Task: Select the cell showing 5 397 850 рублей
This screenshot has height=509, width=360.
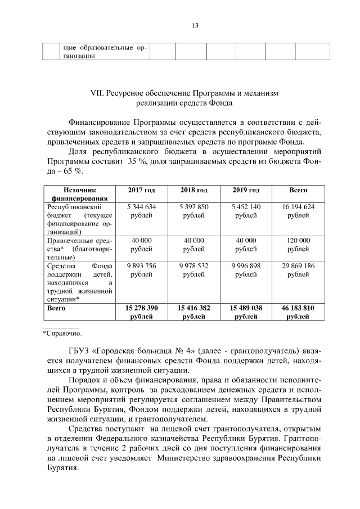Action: [194, 211]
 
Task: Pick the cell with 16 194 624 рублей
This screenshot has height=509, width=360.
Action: [298, 211]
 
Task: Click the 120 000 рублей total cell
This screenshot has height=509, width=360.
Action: [298, 244]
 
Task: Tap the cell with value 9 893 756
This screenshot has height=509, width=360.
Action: [142, 267]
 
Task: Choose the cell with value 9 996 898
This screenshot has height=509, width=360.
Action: [246, 267]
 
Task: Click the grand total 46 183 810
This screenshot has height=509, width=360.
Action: [298, 308]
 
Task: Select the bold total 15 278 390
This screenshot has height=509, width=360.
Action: [142, 308]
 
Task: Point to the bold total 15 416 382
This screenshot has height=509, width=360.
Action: [194, 308]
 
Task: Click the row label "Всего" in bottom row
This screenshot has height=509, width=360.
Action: [56, 308]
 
